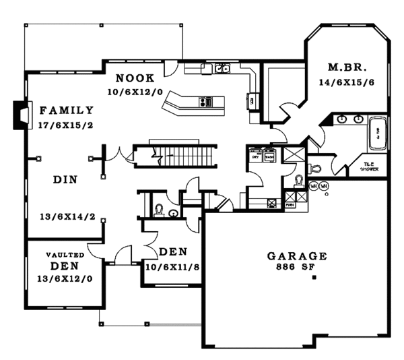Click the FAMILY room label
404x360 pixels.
tap(66, 110)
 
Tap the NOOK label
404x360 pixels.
tap(135, 78)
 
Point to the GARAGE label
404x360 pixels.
tap(297, 256)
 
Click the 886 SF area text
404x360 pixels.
tap(297, 267)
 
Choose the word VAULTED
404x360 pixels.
tap(65, 255)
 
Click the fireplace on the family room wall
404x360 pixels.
tap(22, 115)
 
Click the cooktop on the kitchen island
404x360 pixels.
tap(205, 102)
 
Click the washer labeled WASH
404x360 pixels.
tap(269, 156)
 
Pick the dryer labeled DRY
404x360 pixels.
tap(256, 156)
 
